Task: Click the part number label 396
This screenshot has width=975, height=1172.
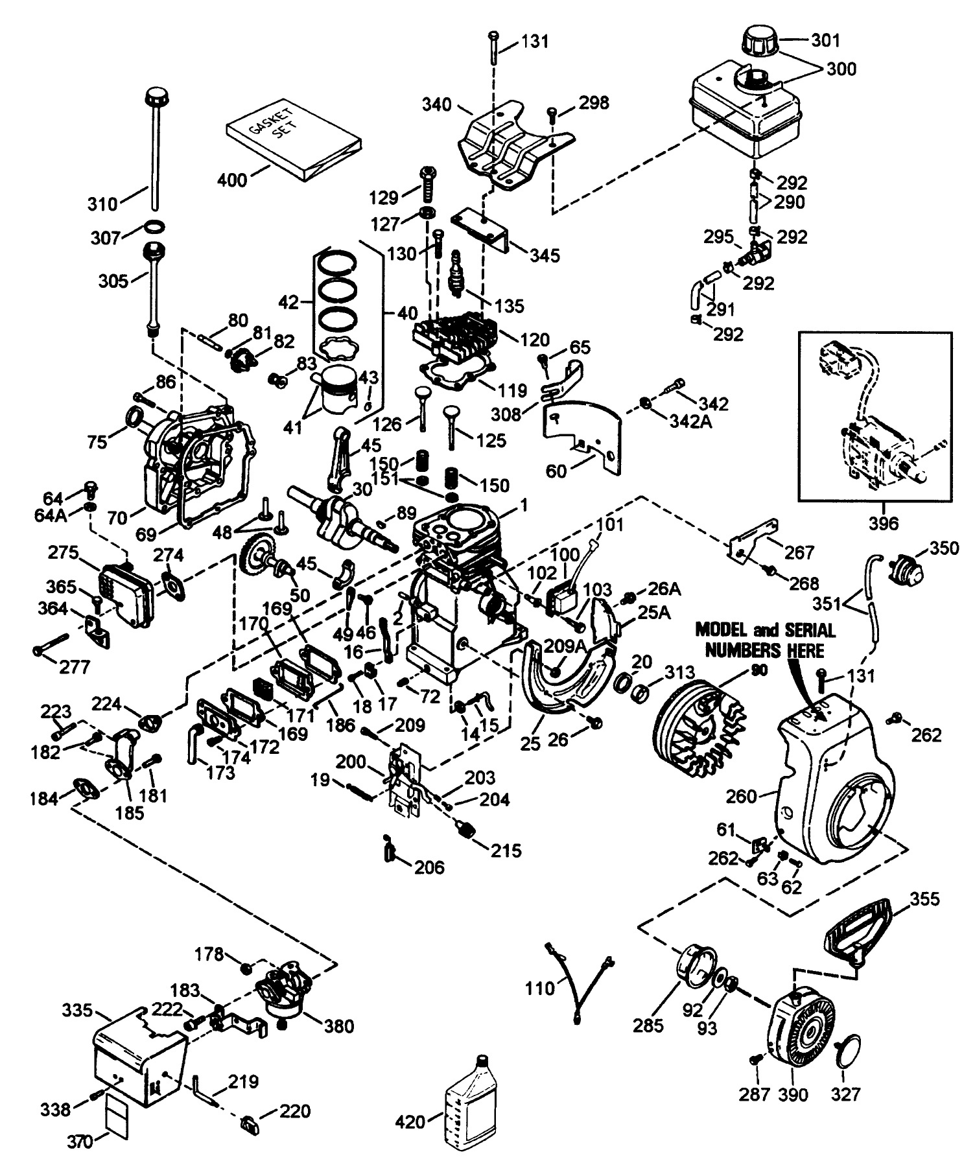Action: [884, 522]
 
